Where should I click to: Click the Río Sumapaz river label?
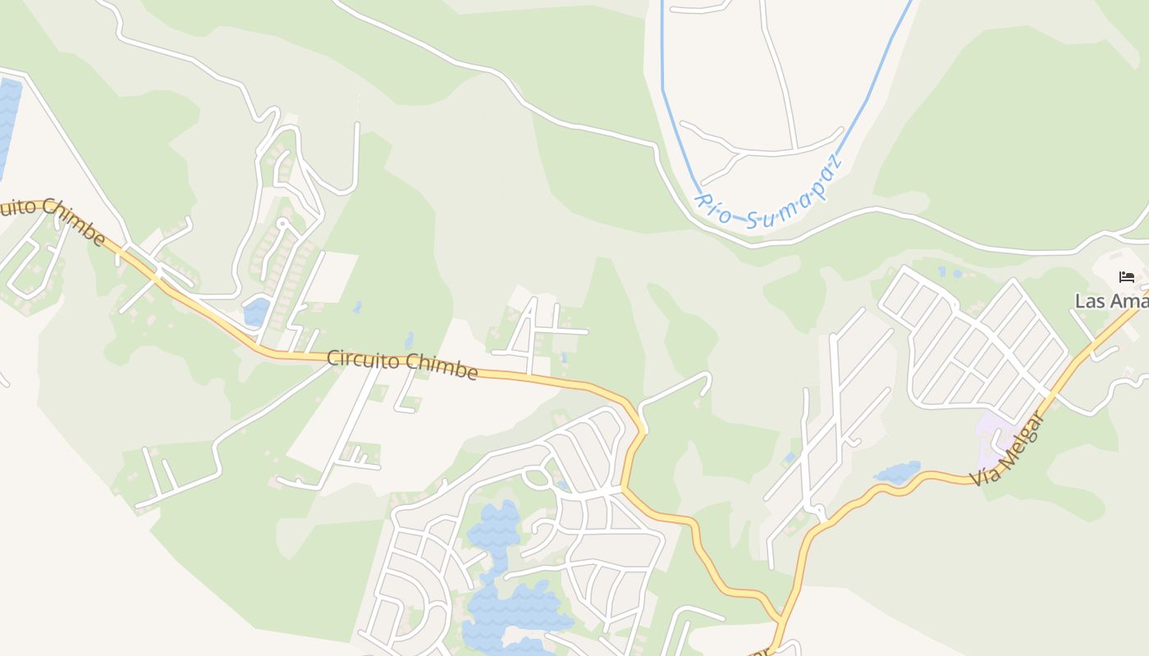click(x=768, y=192)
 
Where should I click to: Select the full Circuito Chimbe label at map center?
click(x=402, y=365)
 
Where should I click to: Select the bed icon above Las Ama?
click(x=1126, y=277)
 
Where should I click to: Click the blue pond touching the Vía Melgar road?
click(x=898, y=472)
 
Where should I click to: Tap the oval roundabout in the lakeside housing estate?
click(x=538, y=476)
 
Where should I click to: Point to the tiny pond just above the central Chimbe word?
click(x=409, y=339)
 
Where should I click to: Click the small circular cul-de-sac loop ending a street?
click(x=282, y=222)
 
